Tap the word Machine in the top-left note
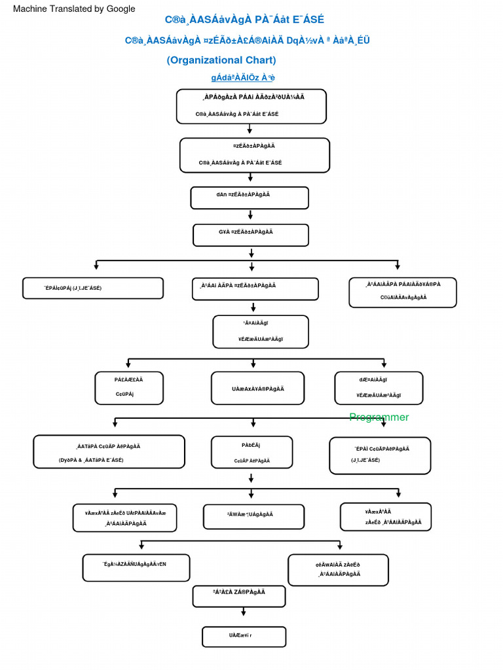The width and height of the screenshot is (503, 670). point(31,9)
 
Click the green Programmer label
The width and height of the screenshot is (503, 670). point(379,417)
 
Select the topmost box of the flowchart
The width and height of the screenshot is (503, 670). point(251,106)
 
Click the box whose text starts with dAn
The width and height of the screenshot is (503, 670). point(250,198)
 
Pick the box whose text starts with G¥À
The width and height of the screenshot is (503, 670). point(250,235)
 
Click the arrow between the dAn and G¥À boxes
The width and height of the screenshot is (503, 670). point(250,215)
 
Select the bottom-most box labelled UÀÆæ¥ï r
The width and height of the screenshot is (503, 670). point(244,636)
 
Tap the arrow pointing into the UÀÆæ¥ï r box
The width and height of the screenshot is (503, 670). point(244,612)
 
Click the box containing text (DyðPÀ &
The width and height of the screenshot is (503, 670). point(109,452)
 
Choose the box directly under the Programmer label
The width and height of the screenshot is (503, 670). point(380,455)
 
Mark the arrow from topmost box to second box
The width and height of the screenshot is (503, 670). point(250,130)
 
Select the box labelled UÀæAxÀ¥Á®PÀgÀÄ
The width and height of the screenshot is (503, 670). point(257,389)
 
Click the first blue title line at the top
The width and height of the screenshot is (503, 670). point(244,20)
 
